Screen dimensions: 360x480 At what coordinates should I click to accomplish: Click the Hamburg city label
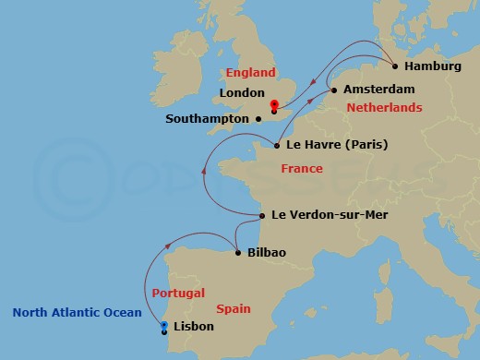click(433, 66)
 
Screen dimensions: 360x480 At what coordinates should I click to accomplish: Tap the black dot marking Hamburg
click(395, 66)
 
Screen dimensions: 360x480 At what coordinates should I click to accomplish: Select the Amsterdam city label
click(378, 90)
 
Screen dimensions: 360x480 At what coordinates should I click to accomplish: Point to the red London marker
click(274, 106)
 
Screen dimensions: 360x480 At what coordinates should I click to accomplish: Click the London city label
click(243, 93)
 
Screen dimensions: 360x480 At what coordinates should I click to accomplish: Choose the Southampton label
click(208, 119)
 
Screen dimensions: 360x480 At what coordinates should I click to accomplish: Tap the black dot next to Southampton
click(258, 118)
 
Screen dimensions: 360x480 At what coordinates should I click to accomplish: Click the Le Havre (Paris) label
click(336, 145)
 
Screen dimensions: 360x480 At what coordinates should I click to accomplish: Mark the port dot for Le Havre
click(277, 144)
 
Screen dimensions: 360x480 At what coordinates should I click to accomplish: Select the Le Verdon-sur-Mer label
click(330, 215)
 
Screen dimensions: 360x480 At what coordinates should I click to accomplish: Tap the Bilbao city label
click(267, 253)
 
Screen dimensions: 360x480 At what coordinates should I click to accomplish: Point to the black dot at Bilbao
click(238, 253)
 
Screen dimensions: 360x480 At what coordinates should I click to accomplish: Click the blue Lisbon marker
click(163, 327)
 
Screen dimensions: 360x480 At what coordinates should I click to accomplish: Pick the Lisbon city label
click(194, 327)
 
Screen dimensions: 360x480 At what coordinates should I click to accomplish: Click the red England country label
click(251, 73)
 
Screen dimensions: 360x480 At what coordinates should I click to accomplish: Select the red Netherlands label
click(384, 108)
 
